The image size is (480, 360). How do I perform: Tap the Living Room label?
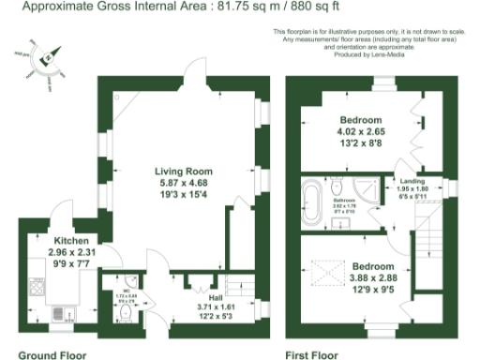click(x=184, y=172)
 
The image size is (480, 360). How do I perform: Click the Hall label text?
click(x=215, y=297)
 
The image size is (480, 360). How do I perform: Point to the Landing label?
click(x=413, y=180)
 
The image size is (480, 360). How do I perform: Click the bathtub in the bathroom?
click(x=312, y=201)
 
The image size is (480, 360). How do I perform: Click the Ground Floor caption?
click(x=52, y=354)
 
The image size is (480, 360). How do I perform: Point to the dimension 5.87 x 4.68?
click(x=184, y=184)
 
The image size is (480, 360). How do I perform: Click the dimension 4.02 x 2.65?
click(x=361, y=132)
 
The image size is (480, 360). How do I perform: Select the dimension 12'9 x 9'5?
click(x=373, y=290)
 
